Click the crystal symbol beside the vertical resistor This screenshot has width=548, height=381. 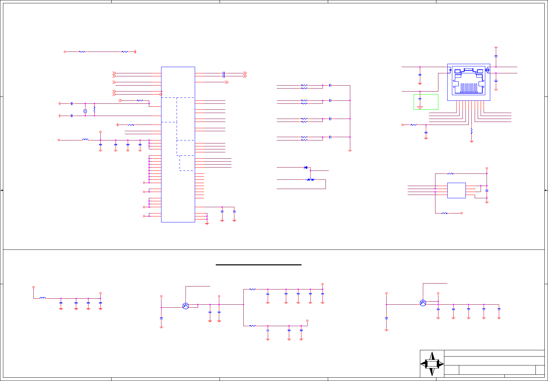coord(85,111)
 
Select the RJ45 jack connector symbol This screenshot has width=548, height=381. coord(468,81)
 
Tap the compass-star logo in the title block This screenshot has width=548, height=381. coord(432,364)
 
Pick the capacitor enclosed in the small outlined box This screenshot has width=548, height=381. coord(420,98)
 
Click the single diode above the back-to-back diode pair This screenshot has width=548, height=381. coord(306,168)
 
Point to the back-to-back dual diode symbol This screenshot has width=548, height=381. coord(310,180)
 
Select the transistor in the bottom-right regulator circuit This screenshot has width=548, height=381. coord(423,303)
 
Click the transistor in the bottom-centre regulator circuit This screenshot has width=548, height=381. coord(186,306)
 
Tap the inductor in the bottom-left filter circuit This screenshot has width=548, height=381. coord(43,298)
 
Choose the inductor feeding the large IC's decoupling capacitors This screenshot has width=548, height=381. coord(85,140)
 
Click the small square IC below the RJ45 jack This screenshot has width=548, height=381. coord(456,190)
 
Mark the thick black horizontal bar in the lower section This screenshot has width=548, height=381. coord(258,265)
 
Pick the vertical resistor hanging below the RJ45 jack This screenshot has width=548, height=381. coord(471,131)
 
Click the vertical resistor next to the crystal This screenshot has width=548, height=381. coord(94,109)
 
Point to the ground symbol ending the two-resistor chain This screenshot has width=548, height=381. coord(135,52)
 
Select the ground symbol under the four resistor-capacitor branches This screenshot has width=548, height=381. coord(350,150)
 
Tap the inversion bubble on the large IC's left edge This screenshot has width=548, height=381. coord(161,95)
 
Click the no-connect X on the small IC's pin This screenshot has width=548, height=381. coord(475,189)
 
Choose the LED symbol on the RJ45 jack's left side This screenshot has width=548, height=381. coord(450,70)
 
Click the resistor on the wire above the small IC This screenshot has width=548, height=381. coord(450,173)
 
